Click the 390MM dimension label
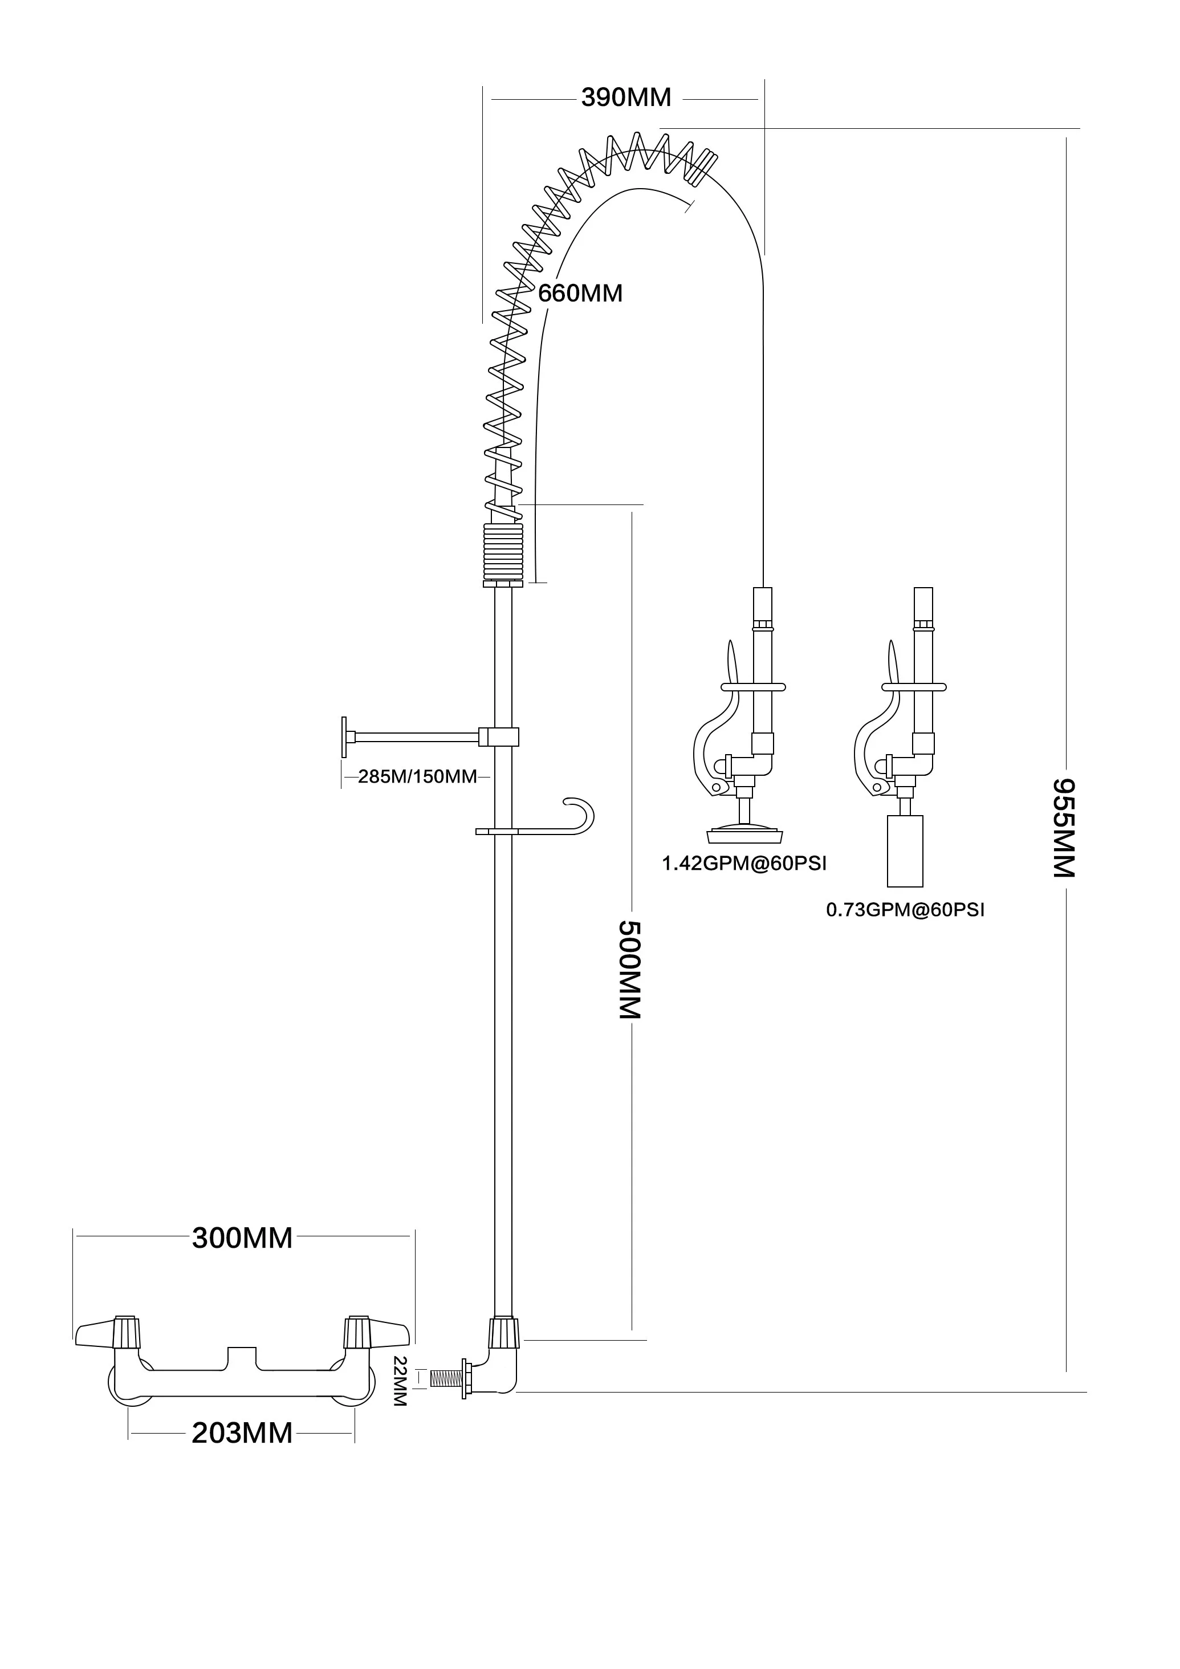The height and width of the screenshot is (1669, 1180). click(625, 97)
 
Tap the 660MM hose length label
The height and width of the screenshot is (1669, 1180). click(580, 294)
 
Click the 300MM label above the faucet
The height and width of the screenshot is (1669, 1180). click(242, 1238)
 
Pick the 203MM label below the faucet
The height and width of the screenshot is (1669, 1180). click(242, 1434)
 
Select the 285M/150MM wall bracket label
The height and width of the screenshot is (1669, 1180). click(417, 776)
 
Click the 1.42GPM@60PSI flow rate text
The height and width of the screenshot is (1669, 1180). click(744, 864)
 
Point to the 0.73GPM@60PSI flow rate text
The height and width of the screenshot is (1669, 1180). click(905, 910)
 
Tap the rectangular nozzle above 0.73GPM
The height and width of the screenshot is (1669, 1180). click(905, 850)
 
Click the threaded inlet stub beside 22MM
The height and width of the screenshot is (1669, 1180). click(446, 1378)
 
